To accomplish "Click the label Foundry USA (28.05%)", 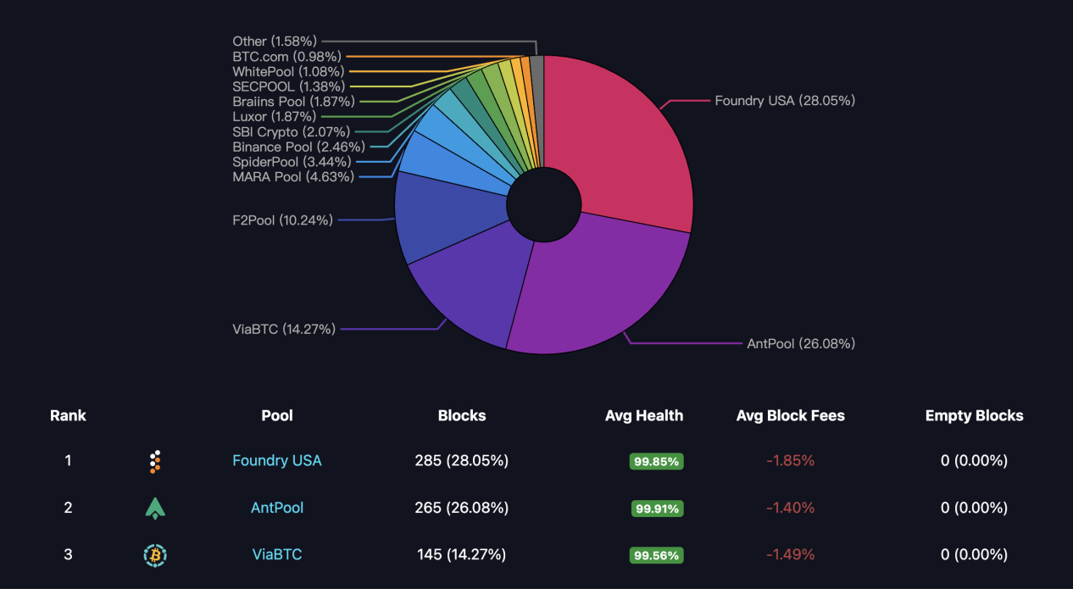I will [785, 100].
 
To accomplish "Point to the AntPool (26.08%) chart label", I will [801, 343].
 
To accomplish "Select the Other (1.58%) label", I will [275, 41].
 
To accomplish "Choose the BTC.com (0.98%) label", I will [286, 56].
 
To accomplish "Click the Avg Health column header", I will [644, 415].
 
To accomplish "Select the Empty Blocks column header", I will [974, 415].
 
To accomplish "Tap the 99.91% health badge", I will [657, 508].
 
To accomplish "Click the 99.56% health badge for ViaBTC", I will [656, 555].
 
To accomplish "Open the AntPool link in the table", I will [277, 508].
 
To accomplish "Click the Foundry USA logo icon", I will [154, 461].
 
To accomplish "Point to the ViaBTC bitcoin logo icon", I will [155, 555].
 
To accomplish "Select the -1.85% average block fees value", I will [790, 461].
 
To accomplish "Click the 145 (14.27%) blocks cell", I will [461, 554].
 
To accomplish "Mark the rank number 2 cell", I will [68, 508].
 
